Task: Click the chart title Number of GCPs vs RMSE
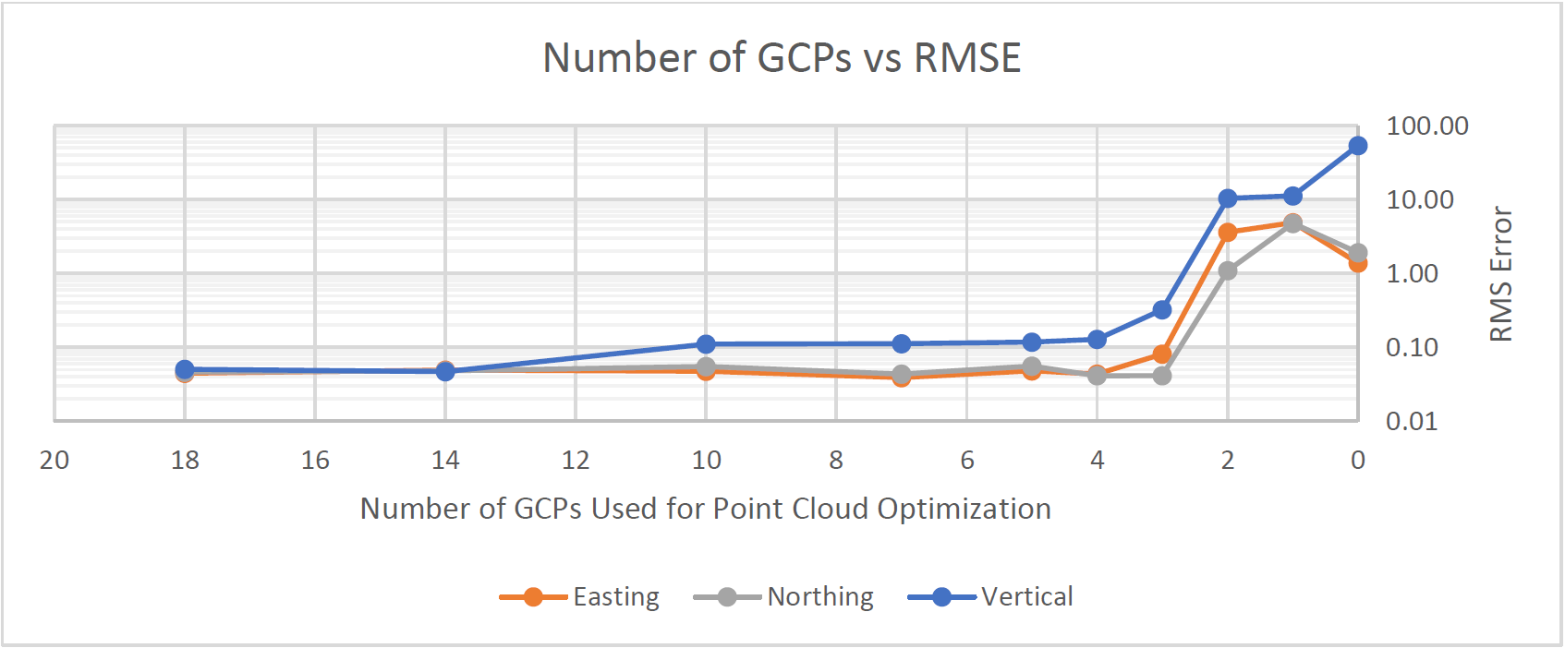click(x=782, y=57)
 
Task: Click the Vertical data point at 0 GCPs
click(x=1357, y=146)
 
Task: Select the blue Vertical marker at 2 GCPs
click(x=1227, y=198)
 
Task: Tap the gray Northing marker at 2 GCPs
click(x=1227, y=270)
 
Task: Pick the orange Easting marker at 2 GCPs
click(x=1227, y=233)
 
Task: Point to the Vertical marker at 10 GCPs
click(x=706, y=344)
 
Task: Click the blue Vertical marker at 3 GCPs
click(x=1162, y=310)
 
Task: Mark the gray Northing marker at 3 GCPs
click(x=1162, y=376)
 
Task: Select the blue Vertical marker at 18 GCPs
click(x=185, y=369)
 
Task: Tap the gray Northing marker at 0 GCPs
click(x=1357, y=253)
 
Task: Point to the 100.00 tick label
click(x=1426, y=126)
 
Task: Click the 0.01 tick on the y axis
click(x=1412, y=422)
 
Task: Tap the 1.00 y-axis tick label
click(x=1412, y=274)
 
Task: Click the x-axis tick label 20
click(x=55, y=460)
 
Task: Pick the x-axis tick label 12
click(x=576, y=460)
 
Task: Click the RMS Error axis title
click(x=1501, y=273)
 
